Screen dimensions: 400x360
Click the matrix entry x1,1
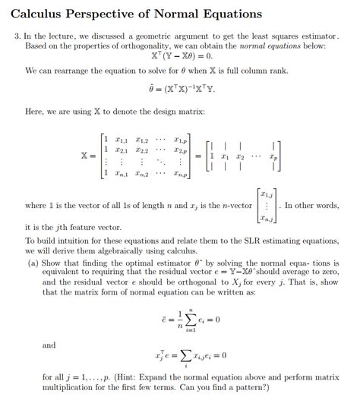coord(121,140)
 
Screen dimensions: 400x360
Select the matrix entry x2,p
coord(179,150)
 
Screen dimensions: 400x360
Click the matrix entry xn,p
coord(179,174)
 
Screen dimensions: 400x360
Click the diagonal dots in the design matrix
coord(161,162)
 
